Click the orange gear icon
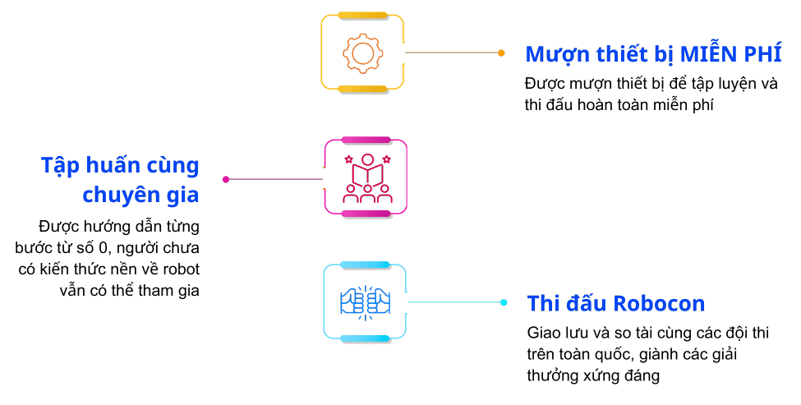click(x=361, y=53)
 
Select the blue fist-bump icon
click(x=365, y=302)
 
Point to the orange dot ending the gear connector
click(x=501, y=53)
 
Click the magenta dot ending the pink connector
click(x=226, y=178)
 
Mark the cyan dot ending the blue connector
click(x=504, y=302)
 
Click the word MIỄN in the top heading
click(x=707, y=55)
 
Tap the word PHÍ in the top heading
click(x=763, y=55)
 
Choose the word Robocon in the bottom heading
click(x=661, y=303)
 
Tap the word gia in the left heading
click(x=183, y=196)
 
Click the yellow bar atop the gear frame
click(x=361, y=15)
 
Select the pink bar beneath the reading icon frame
click(x=366, y=214)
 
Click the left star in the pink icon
click(x=348, y=158)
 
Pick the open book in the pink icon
click(x=366, y=176)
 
